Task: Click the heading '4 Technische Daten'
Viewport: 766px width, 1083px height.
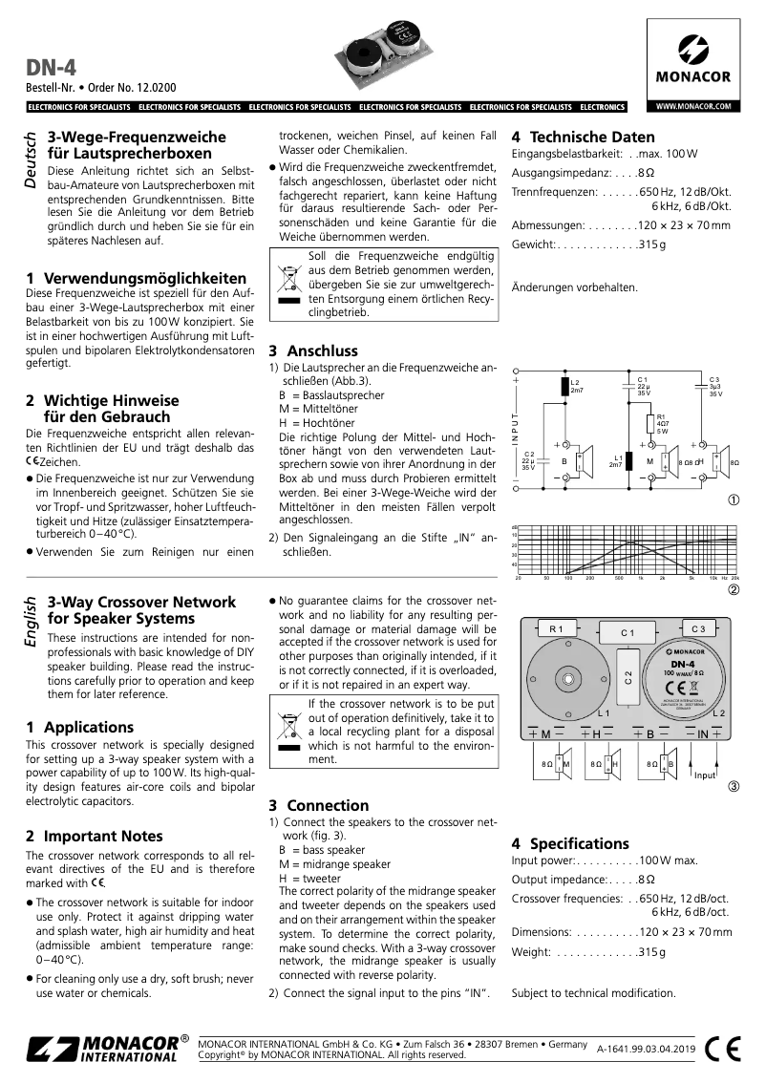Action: click(583, 137)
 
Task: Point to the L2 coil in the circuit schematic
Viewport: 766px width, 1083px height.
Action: click(564, 387)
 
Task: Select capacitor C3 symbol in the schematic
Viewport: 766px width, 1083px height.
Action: click(701, 389)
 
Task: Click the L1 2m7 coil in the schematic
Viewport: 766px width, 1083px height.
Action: click(629, 460)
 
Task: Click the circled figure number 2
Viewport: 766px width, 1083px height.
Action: click(734, 589)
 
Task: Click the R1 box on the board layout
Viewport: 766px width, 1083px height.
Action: click(557, 629)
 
